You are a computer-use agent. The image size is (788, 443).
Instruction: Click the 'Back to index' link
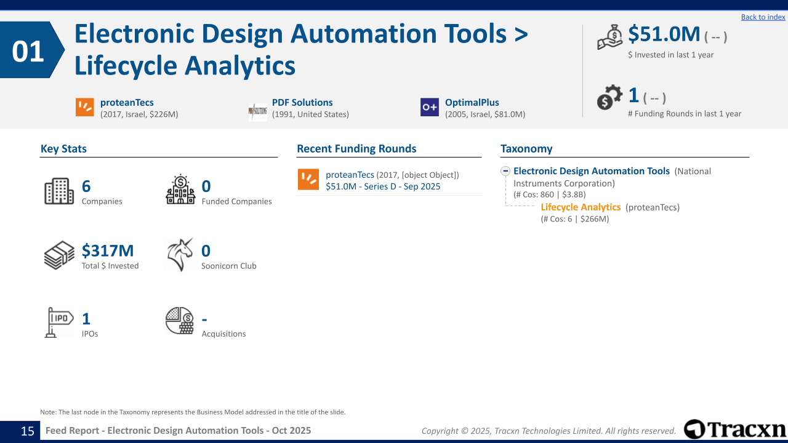point(763,17)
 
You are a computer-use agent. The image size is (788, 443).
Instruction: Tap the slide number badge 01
point(29,51)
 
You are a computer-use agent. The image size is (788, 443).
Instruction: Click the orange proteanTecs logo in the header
point(85,107)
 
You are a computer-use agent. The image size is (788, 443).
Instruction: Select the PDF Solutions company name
point(302,103)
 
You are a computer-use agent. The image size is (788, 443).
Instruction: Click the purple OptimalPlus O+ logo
point(430,107)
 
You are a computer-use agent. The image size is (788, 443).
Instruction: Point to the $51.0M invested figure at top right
point(664,34)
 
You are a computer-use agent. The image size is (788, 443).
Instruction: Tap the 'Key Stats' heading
point(63,149)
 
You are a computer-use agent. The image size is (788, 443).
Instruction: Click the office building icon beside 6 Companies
point(59,191)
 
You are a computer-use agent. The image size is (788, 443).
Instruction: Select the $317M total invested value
point(108,250)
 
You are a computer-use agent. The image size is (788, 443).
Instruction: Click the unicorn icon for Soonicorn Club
point(180,255)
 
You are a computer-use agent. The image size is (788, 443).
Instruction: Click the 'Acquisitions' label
point(223,333)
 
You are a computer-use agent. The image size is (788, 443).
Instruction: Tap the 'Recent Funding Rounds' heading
point(356,149)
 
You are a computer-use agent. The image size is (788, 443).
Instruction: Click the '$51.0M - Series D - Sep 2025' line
point(383,186)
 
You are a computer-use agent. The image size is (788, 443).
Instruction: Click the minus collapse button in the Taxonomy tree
point(505,172)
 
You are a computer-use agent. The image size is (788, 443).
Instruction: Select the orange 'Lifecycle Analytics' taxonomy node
point(581,207)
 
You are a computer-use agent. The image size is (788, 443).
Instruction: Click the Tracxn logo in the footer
point(735,429)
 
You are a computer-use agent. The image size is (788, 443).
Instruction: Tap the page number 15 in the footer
point(28,431)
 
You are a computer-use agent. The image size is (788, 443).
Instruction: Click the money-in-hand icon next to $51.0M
point(610,38)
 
